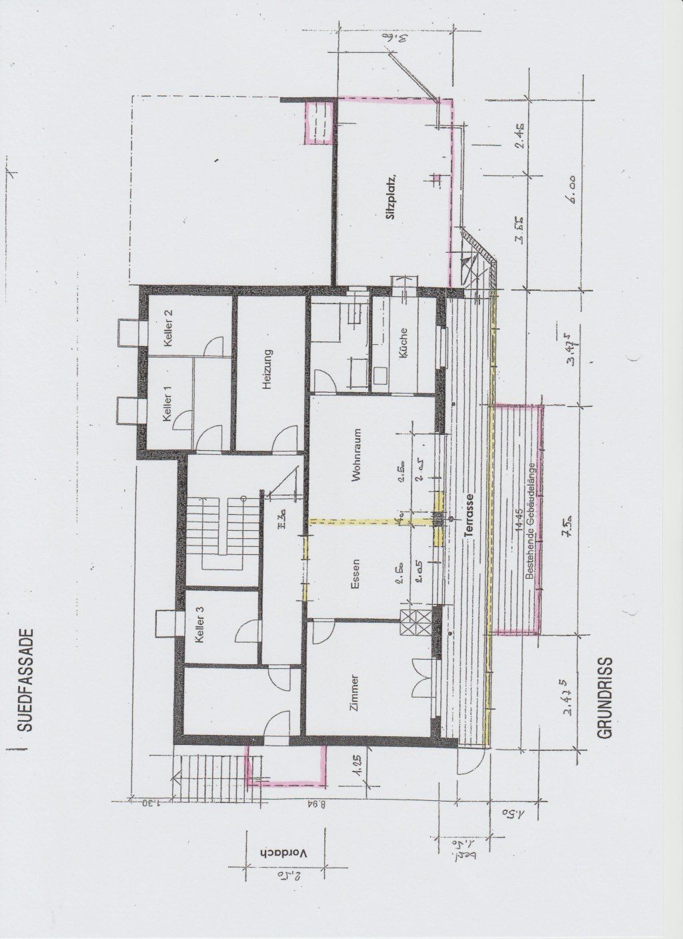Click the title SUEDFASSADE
tap(25, 680)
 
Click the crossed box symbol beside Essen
tap(409, 623)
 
